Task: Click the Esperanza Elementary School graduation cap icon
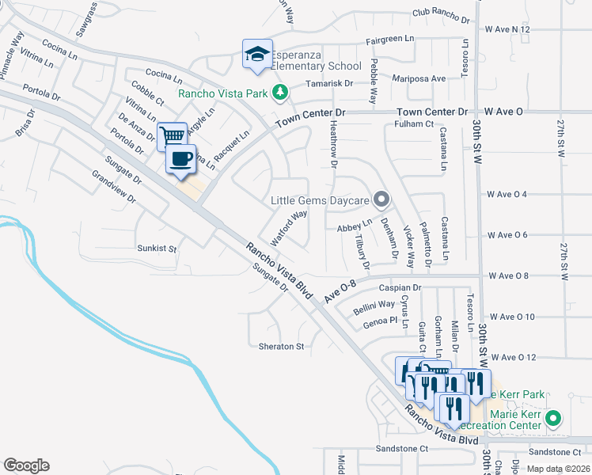[x=257, y=54]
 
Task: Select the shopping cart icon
[x=172, y=136]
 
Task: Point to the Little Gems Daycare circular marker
[x=381, y=199]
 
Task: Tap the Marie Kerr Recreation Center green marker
[x=554, y=418]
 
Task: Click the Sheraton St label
[x=281, y=347]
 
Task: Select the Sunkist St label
[x=156, y=248]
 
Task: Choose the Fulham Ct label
[x=415, y=123]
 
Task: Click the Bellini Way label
[x=374, y=304]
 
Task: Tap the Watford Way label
[x=289, y=227]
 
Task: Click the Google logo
[x=26, y=465]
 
